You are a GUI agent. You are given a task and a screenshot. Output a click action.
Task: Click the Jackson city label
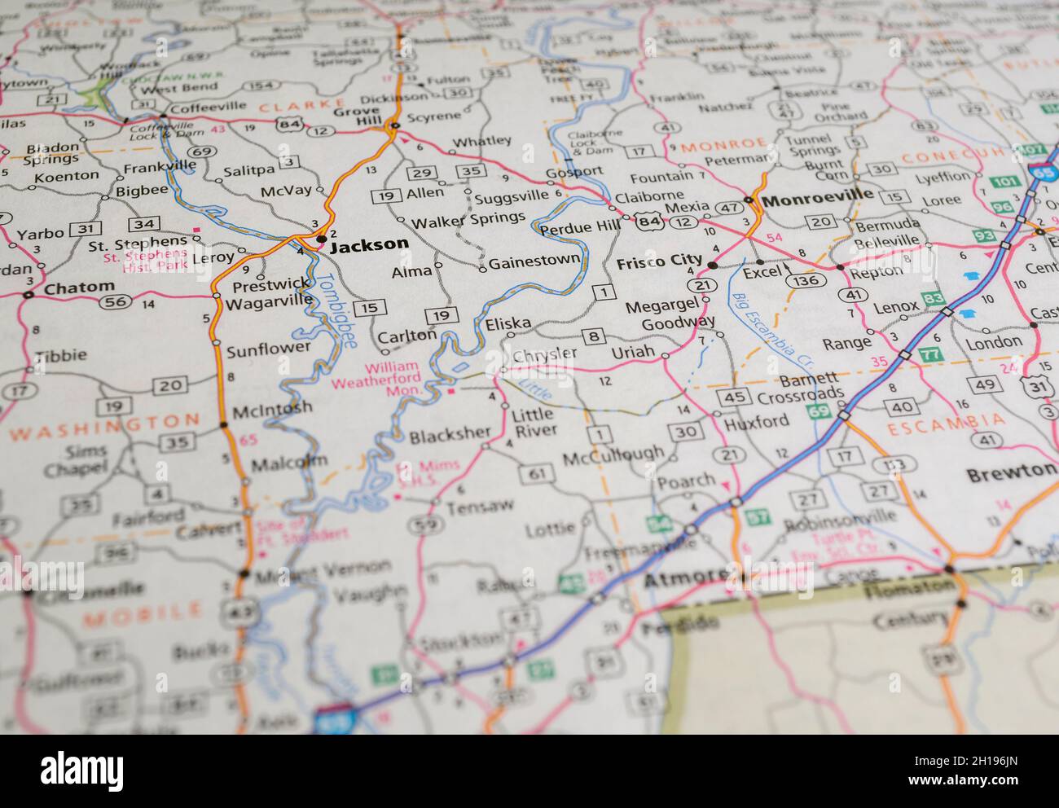pos(370,244)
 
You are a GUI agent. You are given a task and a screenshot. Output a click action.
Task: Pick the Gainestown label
pos(534,261)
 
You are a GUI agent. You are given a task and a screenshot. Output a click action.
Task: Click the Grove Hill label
pos(356,117)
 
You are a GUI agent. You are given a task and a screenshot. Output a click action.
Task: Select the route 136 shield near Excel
pos(802,280)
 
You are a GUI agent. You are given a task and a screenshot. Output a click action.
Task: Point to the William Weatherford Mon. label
pos(394,379)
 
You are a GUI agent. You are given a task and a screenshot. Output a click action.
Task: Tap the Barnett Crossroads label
pos(798,387)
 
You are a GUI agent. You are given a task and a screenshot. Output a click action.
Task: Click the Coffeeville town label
pos(207,108)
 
